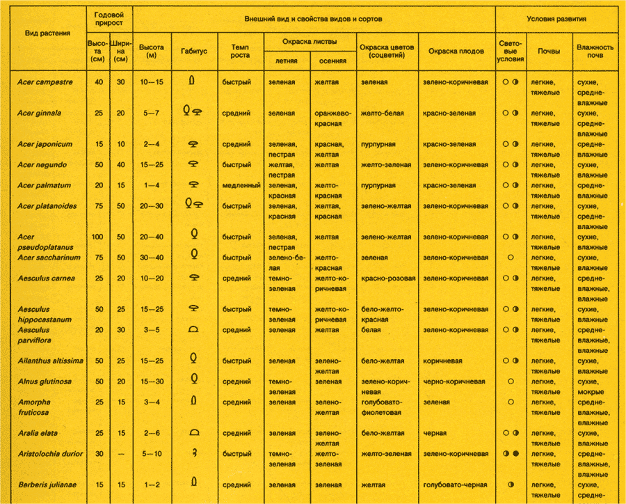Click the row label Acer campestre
click(x=45, y=82)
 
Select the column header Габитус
click(x=194, y=52)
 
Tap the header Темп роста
click(x=240, y=52)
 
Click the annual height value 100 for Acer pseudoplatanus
click(x=97, y=237)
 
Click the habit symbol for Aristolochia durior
click(x=195, y=454)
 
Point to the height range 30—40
click(x=151, y=258)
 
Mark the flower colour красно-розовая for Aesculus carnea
click(x=388, y=278)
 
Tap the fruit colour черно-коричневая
click(x=454, y=381)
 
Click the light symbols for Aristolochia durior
click(x=511, y=454)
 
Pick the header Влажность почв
click(x=595, y=52)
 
